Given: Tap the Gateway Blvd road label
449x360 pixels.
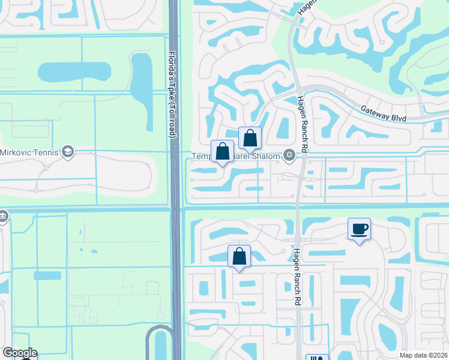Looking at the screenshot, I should tap(384, 112).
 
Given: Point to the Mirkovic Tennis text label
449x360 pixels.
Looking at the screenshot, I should tap(29, 152).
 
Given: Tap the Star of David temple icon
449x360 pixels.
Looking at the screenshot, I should tap(289, 155).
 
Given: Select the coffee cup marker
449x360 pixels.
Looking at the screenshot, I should tap(359, 229).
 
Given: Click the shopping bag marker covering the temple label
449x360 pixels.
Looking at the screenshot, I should tap(222, 151).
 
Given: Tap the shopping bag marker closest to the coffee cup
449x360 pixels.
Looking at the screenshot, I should tap(239, 256).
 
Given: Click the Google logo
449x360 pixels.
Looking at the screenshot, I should tap(19, 353).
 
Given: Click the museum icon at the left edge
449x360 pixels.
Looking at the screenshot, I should tap(2, 215).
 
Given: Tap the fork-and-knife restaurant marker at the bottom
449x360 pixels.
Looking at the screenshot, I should tap(317, 358).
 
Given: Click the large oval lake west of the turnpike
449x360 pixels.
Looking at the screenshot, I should tap(74, 72).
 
